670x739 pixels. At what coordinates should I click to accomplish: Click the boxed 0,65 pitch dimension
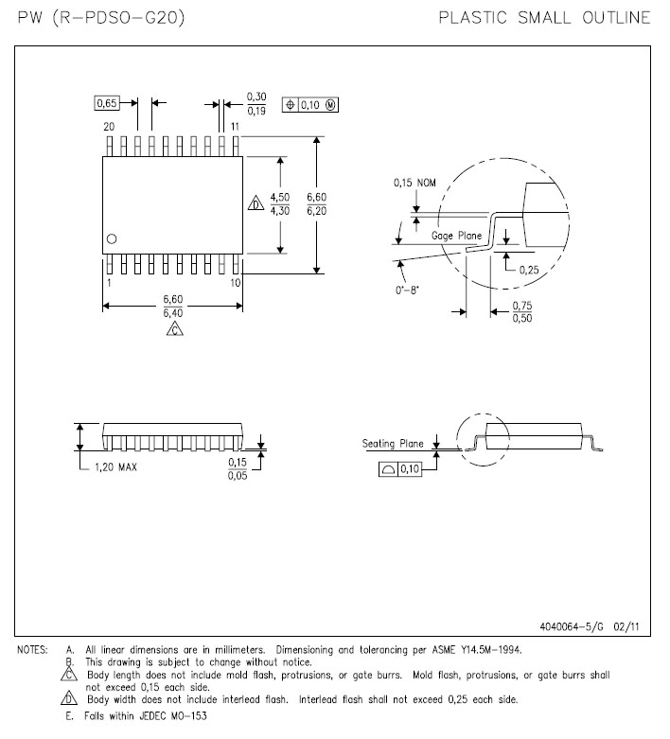tap(107, 103)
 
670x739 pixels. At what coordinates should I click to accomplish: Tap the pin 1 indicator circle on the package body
tap(112, 239)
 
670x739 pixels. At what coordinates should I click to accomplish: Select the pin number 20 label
tap(109, 126)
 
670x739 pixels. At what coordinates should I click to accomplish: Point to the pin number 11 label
tap(235, 126)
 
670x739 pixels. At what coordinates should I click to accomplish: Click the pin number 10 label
tap(236, 282)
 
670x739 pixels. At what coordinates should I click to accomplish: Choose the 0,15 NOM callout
tap(414, 183)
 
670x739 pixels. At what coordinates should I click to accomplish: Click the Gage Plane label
tap(456, 236)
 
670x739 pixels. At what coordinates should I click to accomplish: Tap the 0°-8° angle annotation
tap(407, 290)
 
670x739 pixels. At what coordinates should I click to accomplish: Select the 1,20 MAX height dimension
tap(116, 467)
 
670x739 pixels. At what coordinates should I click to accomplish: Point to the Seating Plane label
tap(393, 444)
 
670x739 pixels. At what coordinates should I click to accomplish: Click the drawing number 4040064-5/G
tap(572, 626)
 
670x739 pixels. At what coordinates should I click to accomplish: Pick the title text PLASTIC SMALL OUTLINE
tap(544, 17)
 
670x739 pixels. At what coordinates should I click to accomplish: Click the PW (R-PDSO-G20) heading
tap(101, 17)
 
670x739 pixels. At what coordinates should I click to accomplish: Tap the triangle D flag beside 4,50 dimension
tap(256, 203)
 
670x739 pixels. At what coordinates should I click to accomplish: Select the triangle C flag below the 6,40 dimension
tap(174, 328)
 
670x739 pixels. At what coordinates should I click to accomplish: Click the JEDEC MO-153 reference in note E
tap(173, 716)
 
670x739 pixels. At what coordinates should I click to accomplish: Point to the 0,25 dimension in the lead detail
tap(529, 270)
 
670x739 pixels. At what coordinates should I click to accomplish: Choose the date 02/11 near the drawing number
tap(626, 626)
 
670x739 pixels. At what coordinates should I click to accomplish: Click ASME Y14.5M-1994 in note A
tap(477, 650)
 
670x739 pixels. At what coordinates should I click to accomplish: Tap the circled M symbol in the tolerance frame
tap(330, 105)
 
